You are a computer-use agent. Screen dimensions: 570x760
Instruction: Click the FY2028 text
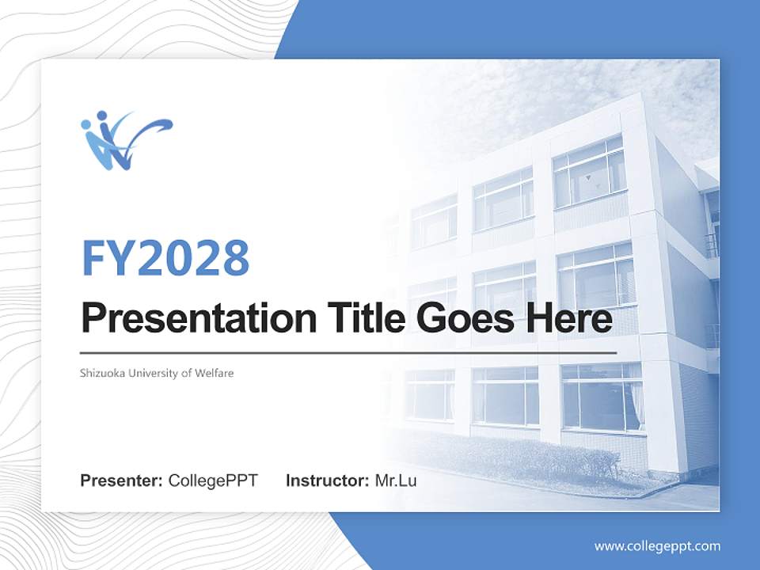click(x=165, y=257)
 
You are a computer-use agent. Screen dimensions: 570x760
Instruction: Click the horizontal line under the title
click(x=348, y=352)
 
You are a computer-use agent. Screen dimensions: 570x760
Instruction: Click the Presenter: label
click(x=122, y=481)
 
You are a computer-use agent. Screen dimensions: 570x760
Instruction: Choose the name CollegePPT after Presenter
click(x=213, y=481)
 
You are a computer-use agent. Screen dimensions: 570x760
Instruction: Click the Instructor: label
click(x=327, y=481)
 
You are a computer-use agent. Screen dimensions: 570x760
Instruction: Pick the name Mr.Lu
click(x=395, y=481)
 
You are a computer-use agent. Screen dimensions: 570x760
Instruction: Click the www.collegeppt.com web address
click(x=657, y=545)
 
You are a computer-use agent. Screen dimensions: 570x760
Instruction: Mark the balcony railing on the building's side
click(x=712, y=245)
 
